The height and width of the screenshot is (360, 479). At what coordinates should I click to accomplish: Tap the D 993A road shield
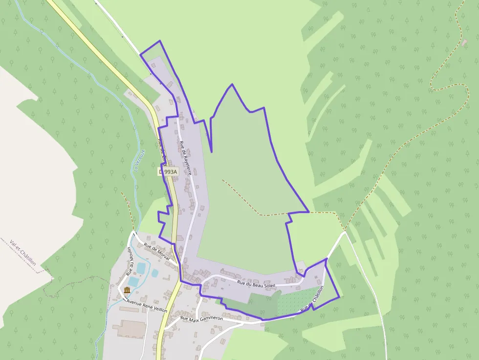coord(169,172)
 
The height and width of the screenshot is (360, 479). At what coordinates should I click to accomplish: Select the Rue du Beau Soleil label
coord(257,283)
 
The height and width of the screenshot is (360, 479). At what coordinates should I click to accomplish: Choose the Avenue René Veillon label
coord(147,306)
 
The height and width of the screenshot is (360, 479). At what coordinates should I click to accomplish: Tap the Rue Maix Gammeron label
coord(201,318)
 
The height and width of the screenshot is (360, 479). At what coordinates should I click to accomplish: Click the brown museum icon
coord(127,291)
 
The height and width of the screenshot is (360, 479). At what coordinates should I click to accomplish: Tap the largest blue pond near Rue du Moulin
coord(140,268)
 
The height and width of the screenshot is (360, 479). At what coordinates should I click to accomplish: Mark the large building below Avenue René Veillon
coord(131,329)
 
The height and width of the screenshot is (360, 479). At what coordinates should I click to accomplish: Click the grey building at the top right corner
coord(464,42)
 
